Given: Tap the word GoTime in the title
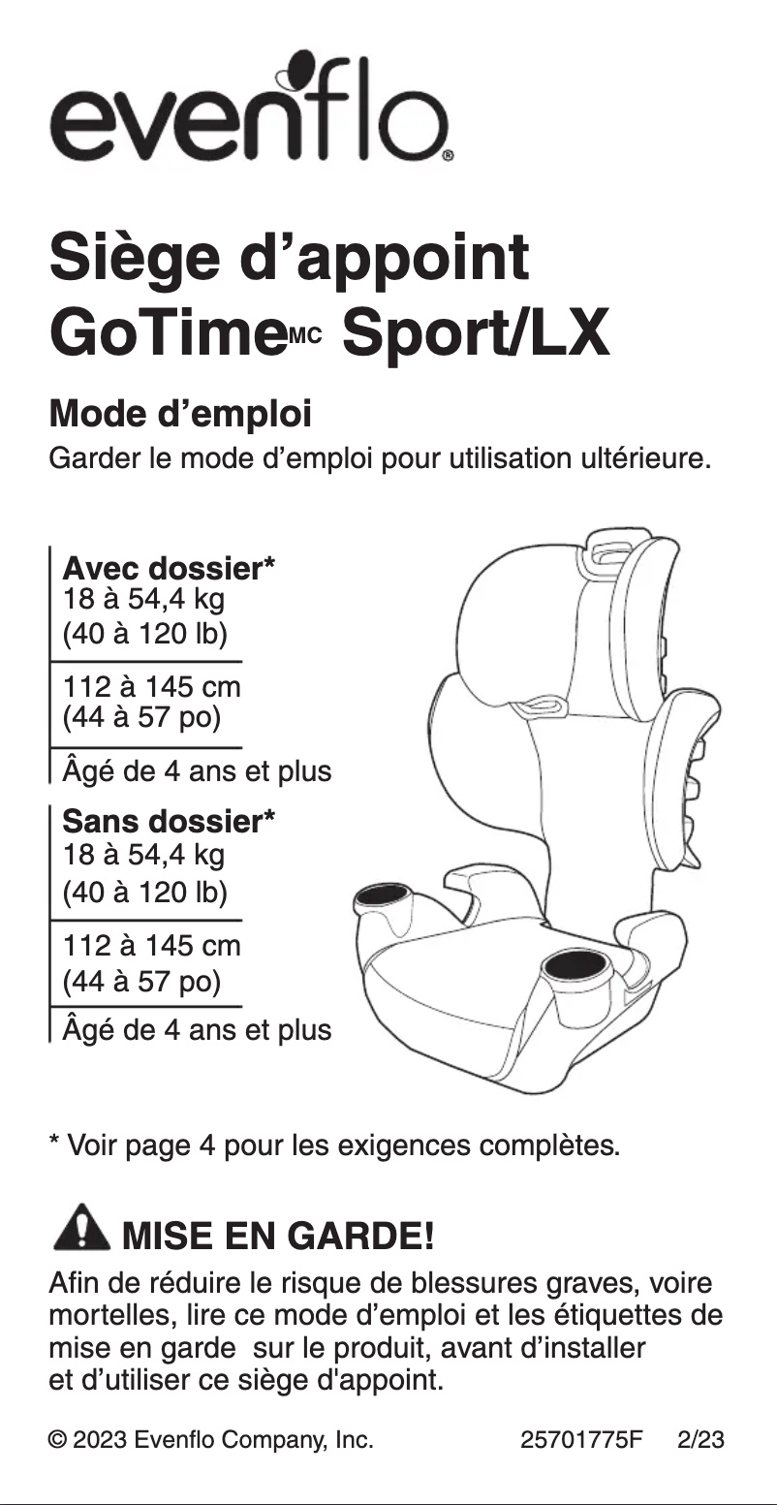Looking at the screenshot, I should pyautogui.click(x=166, y=335).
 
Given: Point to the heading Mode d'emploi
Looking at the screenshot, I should pyautogui.click(x=180, y=415).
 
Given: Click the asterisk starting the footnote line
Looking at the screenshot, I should pyautogui.click(x=54, y=1144).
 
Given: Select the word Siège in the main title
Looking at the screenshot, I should pyautogui.click(x=132, y=259).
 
